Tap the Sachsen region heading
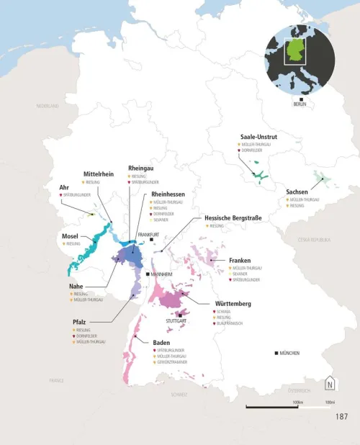297,192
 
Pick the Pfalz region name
81,321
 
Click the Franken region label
240,259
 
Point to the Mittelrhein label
99,174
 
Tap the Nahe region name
76,286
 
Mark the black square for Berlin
300,99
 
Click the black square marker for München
277,353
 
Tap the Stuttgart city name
176,320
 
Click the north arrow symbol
330,383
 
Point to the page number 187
342,416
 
